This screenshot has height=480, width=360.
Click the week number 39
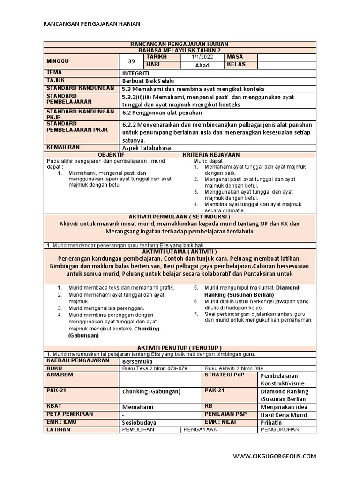click(132, 61)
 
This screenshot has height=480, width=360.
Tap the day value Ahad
click(202, 65)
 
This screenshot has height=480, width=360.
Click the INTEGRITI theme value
click(136, 74)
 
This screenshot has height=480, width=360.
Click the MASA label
click(235, 57)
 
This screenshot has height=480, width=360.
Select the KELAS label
click(237, 64)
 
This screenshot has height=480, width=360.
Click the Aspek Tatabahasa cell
click(146, 148)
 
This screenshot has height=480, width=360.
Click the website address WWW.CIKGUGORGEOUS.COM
click(274, 456)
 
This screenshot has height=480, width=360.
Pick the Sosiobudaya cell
click(139, 422)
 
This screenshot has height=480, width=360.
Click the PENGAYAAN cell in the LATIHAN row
click(201, 429)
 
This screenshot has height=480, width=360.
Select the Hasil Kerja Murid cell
click(284, 415)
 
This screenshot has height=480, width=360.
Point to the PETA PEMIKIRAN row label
click(70, 414)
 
